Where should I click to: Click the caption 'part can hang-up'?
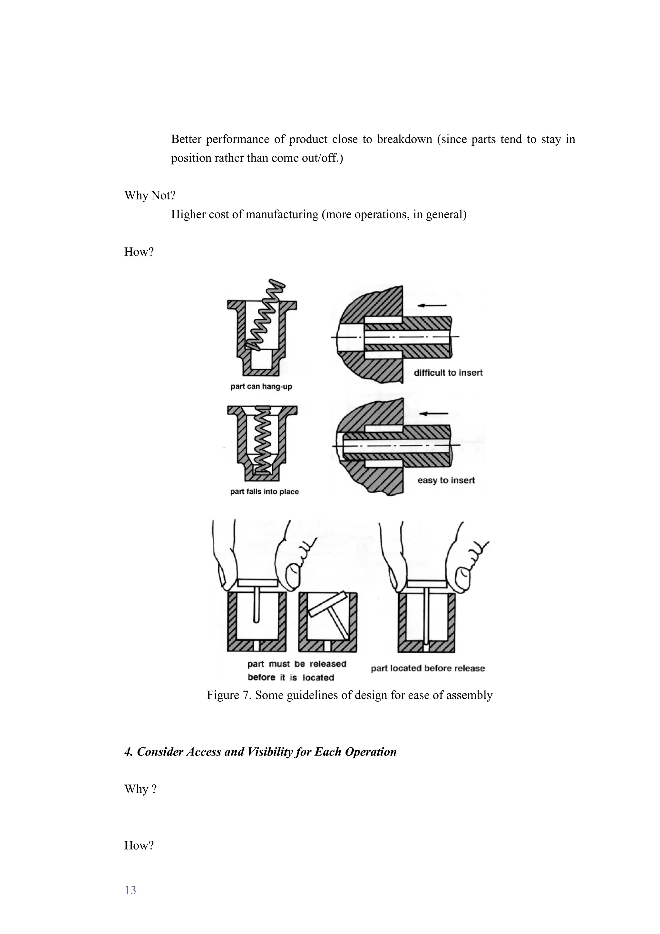pos(261,386)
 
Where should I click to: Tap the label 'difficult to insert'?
pos(448,373)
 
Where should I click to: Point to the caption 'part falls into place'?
pos(264,491)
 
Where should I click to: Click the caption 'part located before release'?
pos(427,668)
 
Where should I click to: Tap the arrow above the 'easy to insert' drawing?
pos(433,414)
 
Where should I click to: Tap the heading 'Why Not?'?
pos(150,195)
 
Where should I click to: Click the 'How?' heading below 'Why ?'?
pos(139,845)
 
